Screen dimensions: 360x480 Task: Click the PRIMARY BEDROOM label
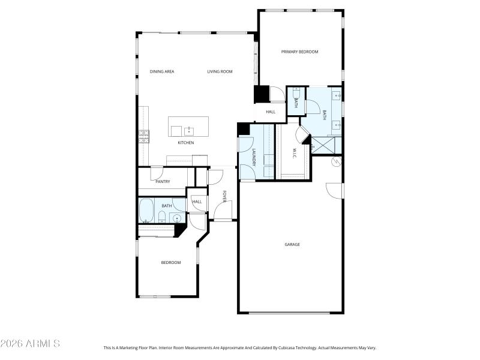pos(299,52)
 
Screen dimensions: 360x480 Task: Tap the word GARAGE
pos(292,244)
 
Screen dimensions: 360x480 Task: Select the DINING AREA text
pos(161,71)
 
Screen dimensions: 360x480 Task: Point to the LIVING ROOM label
pos(220,71)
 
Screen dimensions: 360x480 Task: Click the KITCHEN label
pos(185,143)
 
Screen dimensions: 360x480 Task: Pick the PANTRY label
pos(163,181)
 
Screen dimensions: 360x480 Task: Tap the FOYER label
pos(224,197)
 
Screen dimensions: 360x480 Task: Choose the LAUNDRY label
pos(254,157)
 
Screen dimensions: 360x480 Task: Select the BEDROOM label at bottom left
pos(170,262)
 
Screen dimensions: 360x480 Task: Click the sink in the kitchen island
pos(189,130)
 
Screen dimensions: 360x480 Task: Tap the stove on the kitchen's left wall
pos(144,137)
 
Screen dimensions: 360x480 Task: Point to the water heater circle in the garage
pos(337,161)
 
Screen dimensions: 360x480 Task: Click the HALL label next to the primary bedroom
pos(271,112)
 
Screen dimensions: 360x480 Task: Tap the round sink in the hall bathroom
pos(178,218)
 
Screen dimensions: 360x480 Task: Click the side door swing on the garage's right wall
pos(334,190)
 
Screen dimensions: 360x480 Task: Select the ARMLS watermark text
pos(30,344)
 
